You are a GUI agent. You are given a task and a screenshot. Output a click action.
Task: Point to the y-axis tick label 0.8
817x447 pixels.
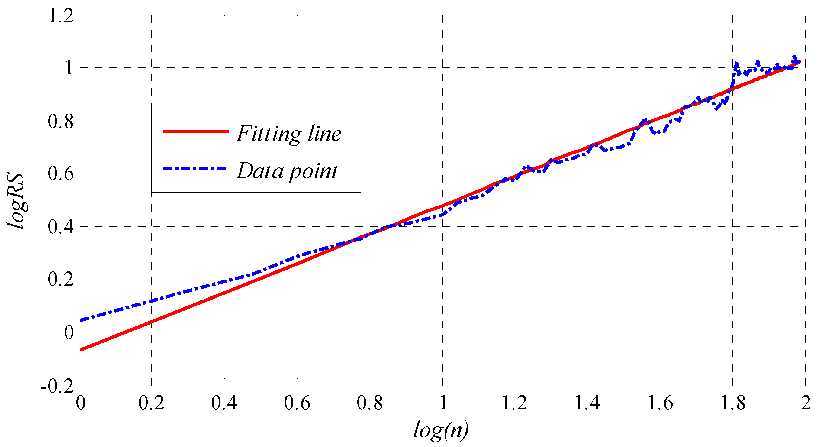point(61,121)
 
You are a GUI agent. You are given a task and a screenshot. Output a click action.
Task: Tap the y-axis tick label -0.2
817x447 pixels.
point(57,386)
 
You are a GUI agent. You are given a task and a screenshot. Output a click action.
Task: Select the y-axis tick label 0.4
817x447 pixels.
point(61,227)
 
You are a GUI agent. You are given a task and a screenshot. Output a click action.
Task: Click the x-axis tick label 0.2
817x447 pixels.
point(151,403)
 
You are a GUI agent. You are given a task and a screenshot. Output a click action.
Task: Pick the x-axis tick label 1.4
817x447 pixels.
point(587,403)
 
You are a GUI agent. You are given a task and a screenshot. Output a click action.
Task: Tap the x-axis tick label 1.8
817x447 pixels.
point(733,403)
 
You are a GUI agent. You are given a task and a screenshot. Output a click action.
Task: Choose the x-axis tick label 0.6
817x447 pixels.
point(297,403)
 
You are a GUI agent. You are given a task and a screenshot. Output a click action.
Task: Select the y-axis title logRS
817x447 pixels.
point(16,201)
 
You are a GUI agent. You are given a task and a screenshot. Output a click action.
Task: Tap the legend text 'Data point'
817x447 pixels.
point(287,171)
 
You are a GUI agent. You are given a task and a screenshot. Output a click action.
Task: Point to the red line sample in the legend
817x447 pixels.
point(196,131)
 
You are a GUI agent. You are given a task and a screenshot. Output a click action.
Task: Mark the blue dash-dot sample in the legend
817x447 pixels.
point(195,169)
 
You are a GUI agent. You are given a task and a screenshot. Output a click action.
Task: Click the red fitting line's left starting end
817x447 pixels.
point(81,350)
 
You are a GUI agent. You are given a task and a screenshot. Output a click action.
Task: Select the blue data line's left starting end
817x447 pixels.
point(81,320)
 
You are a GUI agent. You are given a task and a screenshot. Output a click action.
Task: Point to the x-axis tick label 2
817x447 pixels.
point(806,403)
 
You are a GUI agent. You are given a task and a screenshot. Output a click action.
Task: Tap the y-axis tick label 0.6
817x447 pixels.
point(61,174)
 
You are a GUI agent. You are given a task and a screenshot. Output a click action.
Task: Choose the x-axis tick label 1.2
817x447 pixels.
point(514,403)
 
